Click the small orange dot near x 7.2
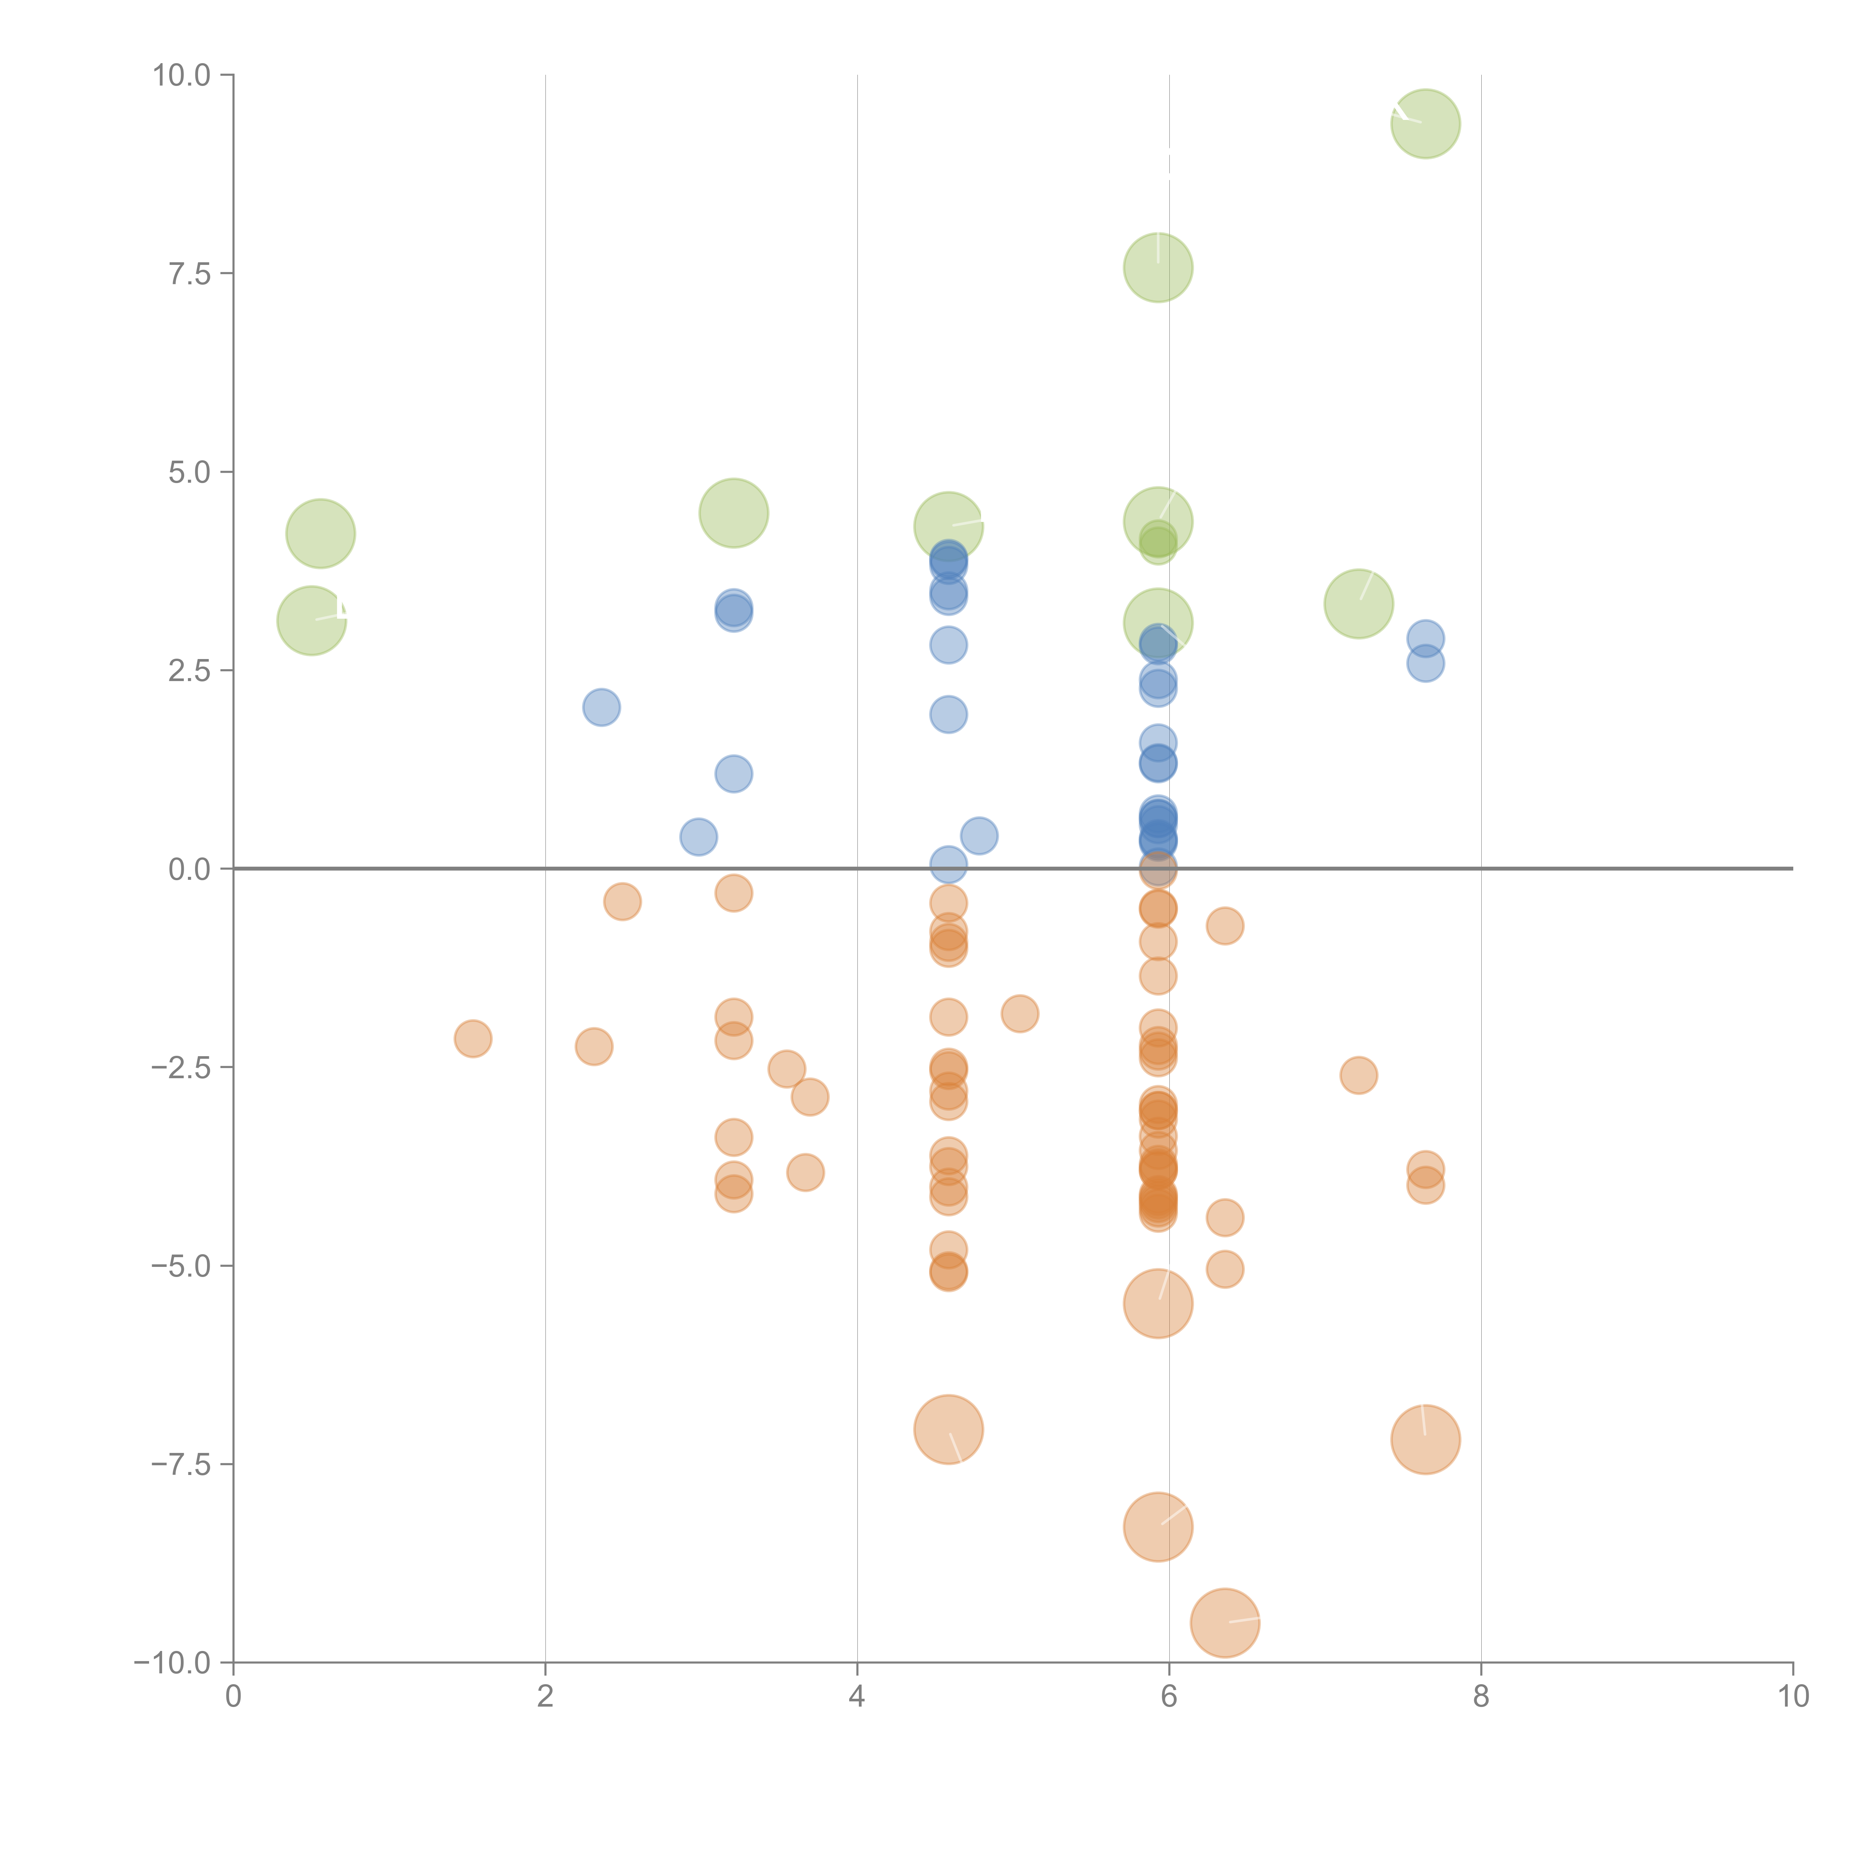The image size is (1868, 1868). tap(1358, 1075)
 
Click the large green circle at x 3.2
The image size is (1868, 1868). tap(734, 513)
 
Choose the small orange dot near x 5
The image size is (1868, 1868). tap(1019, 1013)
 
